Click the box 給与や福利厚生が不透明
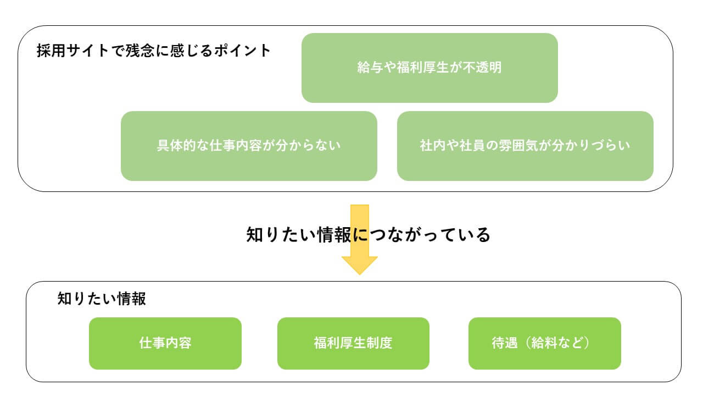pos(429,68)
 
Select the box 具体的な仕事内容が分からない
pos(249,146)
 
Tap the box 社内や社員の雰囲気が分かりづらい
pos(525,146)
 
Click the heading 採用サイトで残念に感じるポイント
pos(154,51)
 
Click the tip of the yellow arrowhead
pos(360,273)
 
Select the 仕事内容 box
pos(165,343)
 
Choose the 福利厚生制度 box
pos(353,343)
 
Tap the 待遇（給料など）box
pos(544,343)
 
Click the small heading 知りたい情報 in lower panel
pos(102,299)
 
